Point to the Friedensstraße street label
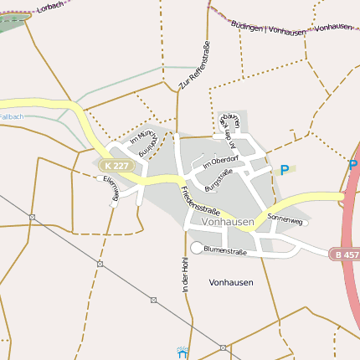(200, 200)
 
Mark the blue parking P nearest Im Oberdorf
(285, 170)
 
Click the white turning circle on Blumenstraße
(197, 248)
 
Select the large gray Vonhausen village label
(228, 222)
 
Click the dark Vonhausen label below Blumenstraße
(231, 282)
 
